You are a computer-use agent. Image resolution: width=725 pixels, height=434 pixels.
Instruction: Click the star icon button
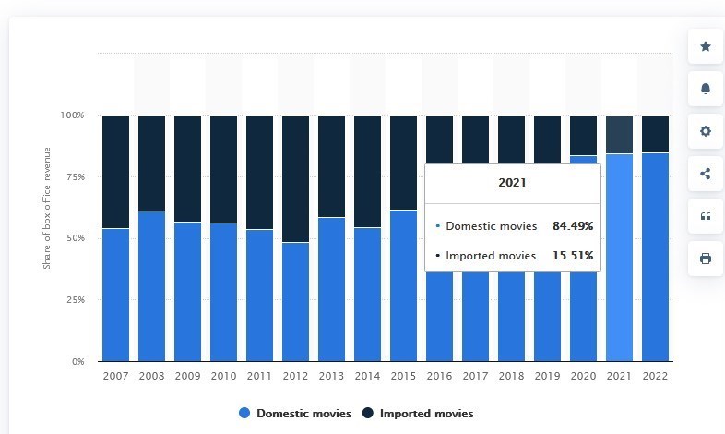(705, 46)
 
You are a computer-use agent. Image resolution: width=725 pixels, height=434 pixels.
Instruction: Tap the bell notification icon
(705, 89)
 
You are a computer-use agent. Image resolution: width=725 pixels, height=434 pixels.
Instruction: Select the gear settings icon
(705, 131)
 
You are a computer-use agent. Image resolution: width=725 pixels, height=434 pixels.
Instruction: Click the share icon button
(705, 174)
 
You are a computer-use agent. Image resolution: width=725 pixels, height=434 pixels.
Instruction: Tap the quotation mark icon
(705, 216)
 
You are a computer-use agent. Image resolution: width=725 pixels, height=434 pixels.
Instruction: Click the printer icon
(705, 259)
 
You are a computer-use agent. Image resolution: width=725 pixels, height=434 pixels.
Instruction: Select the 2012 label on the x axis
(295, 376)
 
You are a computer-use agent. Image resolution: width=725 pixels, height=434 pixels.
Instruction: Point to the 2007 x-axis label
(115, 376)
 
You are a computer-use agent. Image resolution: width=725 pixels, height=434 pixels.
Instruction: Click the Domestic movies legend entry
(295, 413)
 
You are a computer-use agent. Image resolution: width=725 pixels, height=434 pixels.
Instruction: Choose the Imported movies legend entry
(418, 413)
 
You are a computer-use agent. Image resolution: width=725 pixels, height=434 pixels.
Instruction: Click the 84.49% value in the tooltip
(573, 226)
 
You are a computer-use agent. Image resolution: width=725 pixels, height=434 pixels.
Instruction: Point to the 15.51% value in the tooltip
(573, 256)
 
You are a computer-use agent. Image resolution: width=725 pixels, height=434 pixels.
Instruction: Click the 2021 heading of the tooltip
(512, 182)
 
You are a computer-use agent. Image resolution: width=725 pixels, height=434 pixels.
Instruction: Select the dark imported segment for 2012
(295, 179)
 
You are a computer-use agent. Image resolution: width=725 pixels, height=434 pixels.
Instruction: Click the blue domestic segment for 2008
(151, 286)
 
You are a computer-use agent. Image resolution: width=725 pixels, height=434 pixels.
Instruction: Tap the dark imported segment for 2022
(655, 134)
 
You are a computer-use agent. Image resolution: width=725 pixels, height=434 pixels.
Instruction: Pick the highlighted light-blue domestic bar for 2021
(619, 258)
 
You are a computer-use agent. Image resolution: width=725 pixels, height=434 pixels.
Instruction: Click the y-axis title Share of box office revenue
(47, 208)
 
